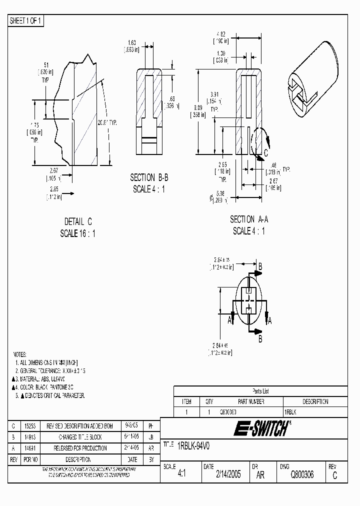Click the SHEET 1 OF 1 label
pos(26,20)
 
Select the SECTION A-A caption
pos(248,219)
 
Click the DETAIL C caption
pos(78,221)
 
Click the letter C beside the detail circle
pos(265,152)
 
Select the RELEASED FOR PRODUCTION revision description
pos(77,448)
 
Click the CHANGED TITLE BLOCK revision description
pos(77,437)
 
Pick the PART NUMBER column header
pos(251,401)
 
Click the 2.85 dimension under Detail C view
pos(55,188)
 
